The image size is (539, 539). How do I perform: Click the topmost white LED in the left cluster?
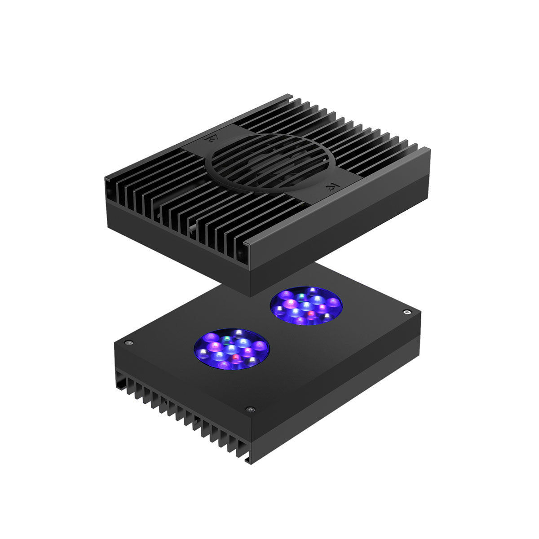point(238,333)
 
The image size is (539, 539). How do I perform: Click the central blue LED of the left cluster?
point(231,349)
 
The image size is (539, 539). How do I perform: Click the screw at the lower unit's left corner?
point(129,343)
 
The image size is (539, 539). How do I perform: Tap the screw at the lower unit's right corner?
point(407,311)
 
